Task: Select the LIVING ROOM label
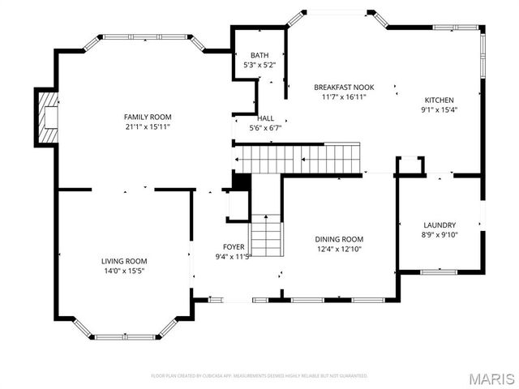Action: (x=124, y=261)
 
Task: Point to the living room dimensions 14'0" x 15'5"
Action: (x=124, y=271)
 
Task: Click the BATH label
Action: (x=259, y=55)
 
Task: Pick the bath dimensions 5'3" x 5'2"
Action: (x=259, y=64)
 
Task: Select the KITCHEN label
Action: (x=439, y=100)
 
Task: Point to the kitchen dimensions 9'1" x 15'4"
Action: (x=439, y=110)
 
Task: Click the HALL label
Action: (x=265, y=118)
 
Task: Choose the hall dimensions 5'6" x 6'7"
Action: (x=265, y=127)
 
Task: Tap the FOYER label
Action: (x=234, y=247)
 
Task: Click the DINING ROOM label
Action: (x=339, y=239)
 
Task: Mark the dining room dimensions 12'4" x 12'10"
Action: (x=339, y=249)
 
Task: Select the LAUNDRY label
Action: (x=440, y=225)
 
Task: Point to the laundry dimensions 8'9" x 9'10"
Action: (x=440, y=235)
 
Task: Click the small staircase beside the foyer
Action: (x=264, y=235)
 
